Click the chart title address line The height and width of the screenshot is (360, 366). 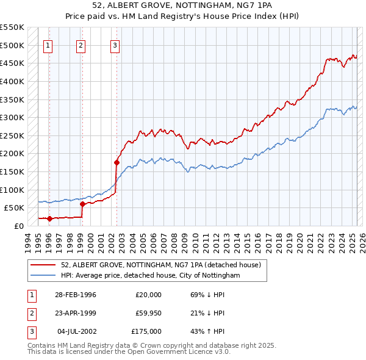pyautogui.click(x=182, y=5)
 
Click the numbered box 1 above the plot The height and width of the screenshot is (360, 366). pyautogui.click(x=48, y=44)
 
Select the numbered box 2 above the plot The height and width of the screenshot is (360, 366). pyautogui.click(x=81, y=44)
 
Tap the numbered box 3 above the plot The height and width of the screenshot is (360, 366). pyautogui.click(x=115, y=44)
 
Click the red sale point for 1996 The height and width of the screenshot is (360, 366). pyautogui.click(x=49, y=218)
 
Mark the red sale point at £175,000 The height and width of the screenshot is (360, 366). pyautogui.click(x=116, y=162)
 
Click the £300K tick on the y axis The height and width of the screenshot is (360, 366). pyautogui.click(x=13, y=117)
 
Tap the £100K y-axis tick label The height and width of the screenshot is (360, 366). pyautogui.click(x=13, y=190)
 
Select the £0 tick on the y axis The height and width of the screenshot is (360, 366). pyautogui.click(x=18, y=226)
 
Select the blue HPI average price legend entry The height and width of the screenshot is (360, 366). pyautogui.click(x=150, y=276)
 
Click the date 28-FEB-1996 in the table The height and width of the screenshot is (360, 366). pyautogui.click(x=76, y=295)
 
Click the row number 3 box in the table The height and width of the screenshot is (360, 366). pyautogui.click(x=30, y=331)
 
